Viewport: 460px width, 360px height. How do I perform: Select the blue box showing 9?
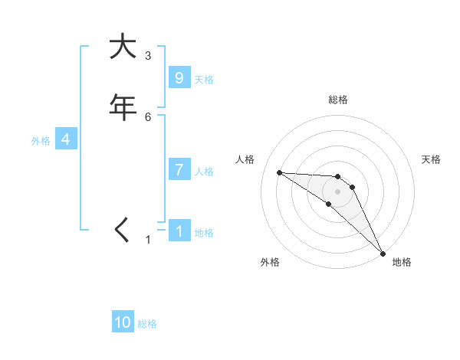click(179, 78)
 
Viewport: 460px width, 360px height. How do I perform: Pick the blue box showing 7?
click(179, 170)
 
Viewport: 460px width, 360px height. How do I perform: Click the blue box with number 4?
click(66, 139)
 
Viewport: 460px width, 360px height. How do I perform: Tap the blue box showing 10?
click(123, 322)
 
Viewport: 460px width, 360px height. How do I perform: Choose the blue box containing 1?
click(179, 231)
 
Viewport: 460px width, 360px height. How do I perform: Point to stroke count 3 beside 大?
click(147, 56)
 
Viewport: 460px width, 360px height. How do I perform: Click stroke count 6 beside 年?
click(147, 116)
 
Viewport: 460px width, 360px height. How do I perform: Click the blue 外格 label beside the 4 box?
click(41, 141)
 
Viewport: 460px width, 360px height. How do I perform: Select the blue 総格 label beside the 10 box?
click(147, 324)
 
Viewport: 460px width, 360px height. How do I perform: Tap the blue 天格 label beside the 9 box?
click(204, 80)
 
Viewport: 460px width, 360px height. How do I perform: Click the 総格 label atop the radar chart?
click(338, 100)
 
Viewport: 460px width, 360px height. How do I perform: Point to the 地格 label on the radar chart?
click(402, 263)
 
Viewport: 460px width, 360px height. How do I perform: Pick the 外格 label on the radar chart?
click(270, 263)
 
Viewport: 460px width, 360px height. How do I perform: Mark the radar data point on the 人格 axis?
click(279, 172)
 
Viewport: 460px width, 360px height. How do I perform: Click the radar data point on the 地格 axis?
click(383, 253)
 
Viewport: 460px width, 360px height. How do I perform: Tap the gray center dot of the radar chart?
click(338, 191)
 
